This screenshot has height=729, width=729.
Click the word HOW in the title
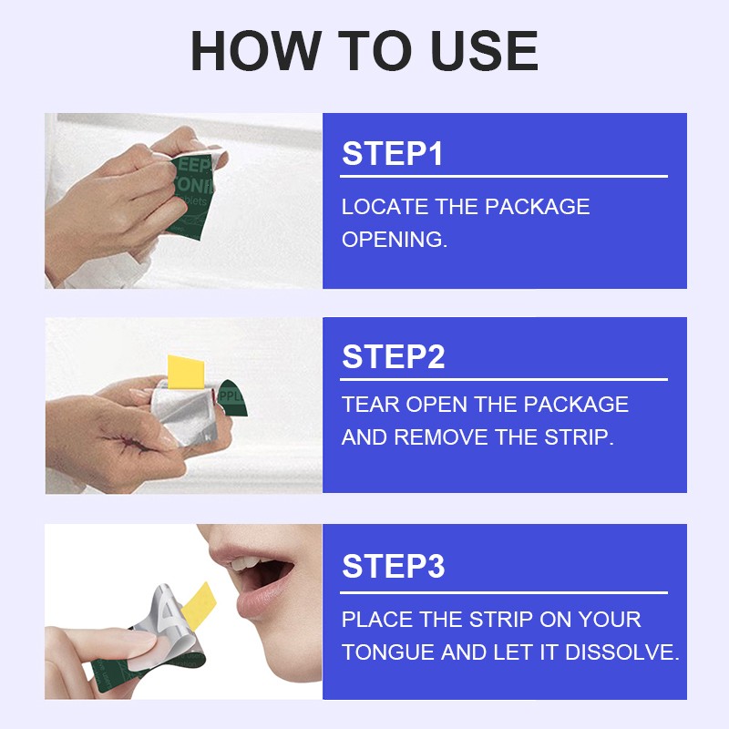tap(256, 50)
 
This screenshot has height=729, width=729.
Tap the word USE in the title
tap(485, 50)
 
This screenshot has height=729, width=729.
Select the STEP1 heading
tap(392, 153)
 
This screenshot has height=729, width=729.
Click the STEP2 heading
tap(394, 356)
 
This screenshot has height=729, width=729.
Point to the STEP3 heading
tap(394, 566)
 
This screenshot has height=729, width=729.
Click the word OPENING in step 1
tap(395, 240)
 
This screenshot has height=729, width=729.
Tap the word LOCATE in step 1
tap(385, 207)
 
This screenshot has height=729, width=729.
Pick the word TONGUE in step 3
tap(388, 652)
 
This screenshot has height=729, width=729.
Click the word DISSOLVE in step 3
tap(622, 652)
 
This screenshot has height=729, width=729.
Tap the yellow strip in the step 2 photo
tap(186, 372)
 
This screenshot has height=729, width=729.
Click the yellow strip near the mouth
tap(199, 606)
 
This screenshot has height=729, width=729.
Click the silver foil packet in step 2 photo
tap(184, 411)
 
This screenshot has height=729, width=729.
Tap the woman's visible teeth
tap(246, 564)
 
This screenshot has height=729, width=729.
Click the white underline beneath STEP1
tap(504, 177)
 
